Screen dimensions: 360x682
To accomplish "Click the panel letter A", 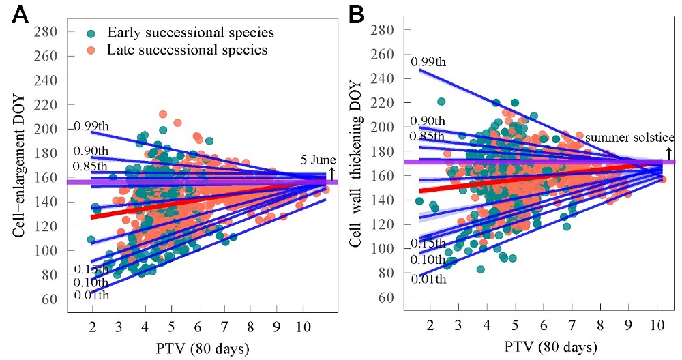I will coord(20,15).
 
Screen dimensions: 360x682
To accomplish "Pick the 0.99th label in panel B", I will coord(428,62).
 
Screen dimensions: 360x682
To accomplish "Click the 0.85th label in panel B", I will coord(427,136).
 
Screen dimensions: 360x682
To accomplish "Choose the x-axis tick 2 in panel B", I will coord(430,327).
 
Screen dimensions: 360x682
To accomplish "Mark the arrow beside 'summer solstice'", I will coord(669,153).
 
